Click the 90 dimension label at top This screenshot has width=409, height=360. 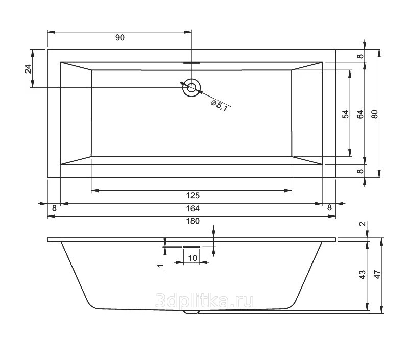[119, 38]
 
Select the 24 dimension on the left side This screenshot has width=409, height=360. [28, 68]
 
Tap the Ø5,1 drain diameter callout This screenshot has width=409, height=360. [220, 106]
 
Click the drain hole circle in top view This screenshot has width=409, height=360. [191, 87]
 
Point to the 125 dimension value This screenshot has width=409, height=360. [193, 195]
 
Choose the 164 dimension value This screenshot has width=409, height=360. [193, 208]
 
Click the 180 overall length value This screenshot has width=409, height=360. [193, 221]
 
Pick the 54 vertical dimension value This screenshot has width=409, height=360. [345, 114]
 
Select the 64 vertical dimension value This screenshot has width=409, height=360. [360, 114]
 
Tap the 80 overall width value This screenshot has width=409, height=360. [375, 114]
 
